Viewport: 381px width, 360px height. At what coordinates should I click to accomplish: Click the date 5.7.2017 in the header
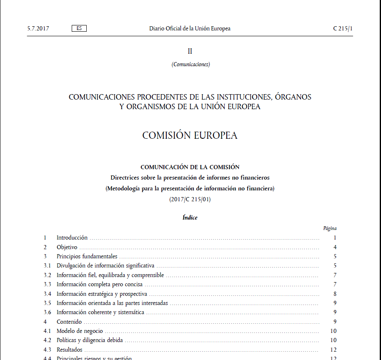tap(38, 29)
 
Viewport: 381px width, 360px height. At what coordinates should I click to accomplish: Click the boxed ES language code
tap(79, 28)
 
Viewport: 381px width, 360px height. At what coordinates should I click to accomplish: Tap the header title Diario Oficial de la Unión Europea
tap(190, 29)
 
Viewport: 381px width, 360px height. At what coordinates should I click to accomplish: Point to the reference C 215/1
tap(343, 29)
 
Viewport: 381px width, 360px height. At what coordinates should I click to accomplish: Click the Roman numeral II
tap(190, 51)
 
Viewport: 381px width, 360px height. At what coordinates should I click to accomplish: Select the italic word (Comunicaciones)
tap(190, 65)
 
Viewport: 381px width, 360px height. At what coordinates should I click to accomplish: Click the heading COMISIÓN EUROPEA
tap(190, 135)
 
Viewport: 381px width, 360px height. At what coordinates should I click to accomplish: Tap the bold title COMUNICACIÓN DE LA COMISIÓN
tap(190, 167)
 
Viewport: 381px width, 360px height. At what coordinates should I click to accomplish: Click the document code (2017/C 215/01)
tap(190, 200)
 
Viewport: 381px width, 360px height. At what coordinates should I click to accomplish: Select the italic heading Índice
tap(190, 218)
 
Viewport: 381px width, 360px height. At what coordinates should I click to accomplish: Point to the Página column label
tap(330, 228)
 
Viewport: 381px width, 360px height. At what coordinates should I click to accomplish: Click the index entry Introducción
tap(72, 238)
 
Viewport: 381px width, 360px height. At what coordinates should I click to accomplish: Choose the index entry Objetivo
tap(67, 247)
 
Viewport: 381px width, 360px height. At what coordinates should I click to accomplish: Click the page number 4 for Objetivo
tap(335, 247)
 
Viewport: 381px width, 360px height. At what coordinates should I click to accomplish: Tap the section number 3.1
tap(47, 265)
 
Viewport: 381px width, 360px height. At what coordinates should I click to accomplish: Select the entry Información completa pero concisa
tap(100, 284)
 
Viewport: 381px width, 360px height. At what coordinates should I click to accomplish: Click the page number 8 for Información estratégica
tap(335, 294)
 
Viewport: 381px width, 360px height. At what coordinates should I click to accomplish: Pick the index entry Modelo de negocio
tap(80, 331)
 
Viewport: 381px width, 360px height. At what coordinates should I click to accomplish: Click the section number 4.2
tap(47, 340)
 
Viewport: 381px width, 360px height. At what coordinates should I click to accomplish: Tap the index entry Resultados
tap(70, 350)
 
